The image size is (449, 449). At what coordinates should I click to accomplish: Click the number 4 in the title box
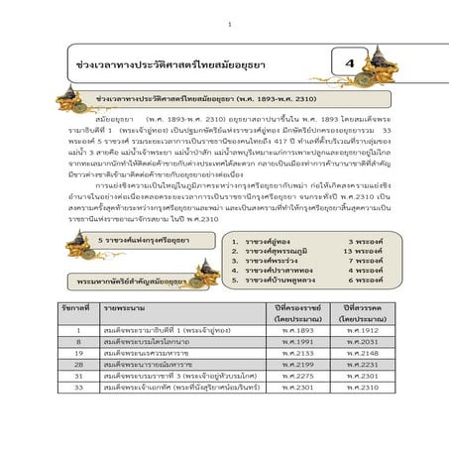pyautogui.click(x=349, y=64)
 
